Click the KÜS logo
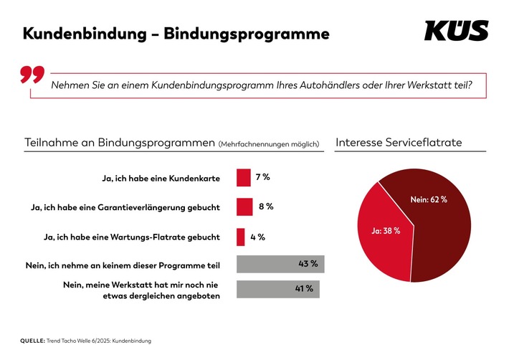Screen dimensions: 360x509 tap(456, 31)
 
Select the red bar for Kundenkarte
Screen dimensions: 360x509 tap(243, 177)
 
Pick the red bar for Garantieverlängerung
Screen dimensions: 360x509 tap(244, 207)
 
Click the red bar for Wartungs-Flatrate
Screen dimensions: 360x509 tap(240, 236)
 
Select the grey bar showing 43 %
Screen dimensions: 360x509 tap(280, 265)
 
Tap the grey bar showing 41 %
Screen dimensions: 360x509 tap(277, 288)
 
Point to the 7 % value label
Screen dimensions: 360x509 tap(263, 176)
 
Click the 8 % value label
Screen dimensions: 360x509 tap(266, 207)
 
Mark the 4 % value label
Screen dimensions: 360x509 tap(257, 236)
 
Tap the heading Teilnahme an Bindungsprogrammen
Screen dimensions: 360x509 tap(118, 142)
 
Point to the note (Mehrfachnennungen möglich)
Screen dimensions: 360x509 tap(267, 143)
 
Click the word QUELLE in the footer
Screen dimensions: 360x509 tap(34, 340)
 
